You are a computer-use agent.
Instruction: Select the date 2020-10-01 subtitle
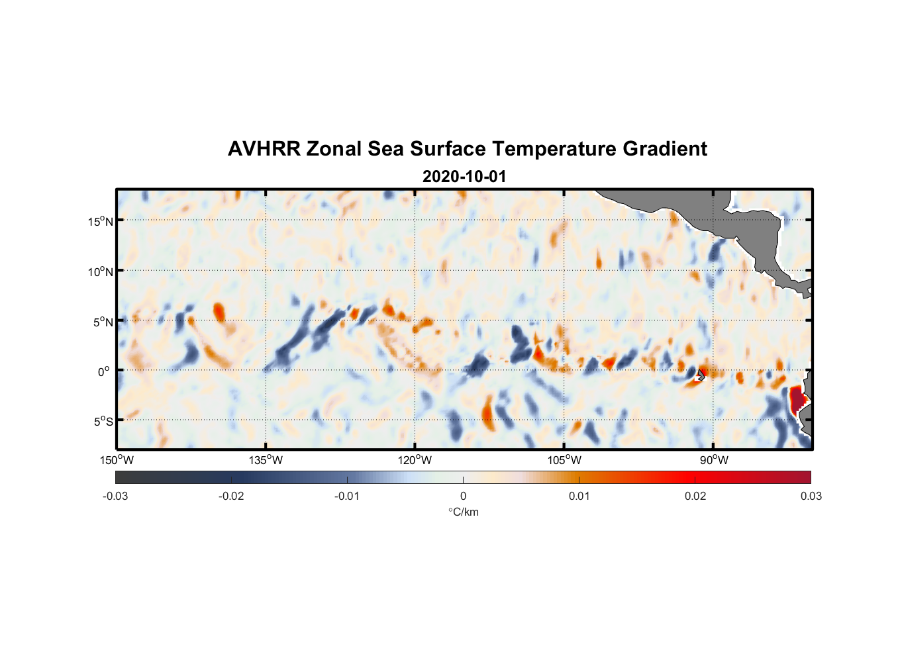[x=464, y=177]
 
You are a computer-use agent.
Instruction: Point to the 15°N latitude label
[x=100, y=221]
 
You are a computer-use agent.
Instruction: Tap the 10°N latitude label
[x=100, y=271]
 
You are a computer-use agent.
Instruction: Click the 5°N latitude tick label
[x=103, y=322]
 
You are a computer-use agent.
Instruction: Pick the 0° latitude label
[x=104, y=371]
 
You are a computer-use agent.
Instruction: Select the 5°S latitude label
[x=103, y=421]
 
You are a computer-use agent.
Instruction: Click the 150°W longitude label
[x=117, y=460]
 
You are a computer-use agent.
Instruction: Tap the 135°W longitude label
[x=266, y=460]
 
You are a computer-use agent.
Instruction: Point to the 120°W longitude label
[x=415, y=460]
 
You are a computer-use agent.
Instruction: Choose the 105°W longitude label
[x=564, y=460]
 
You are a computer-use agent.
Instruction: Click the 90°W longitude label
[x=714, y=460]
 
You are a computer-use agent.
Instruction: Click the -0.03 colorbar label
[x=115, y=496]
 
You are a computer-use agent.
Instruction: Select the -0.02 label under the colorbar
[x=231, y=496]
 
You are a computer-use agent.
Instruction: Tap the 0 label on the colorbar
[x=463, y=496]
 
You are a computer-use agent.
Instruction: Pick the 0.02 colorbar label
[x=695, y=496]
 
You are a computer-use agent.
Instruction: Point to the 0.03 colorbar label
[x=811, y=496]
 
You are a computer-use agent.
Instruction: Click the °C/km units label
[x=463, y=512]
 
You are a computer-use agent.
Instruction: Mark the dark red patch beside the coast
[x=797, y=401]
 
